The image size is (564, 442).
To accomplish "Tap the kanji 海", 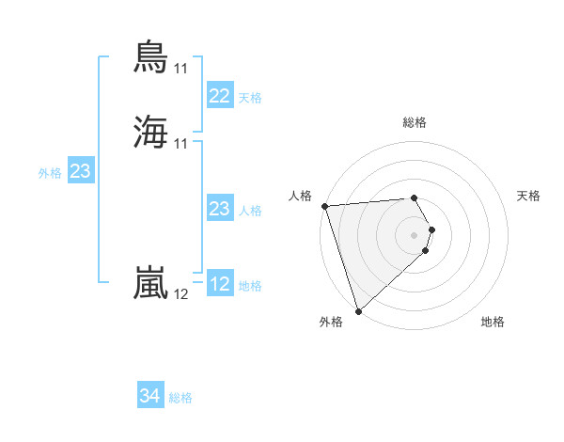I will point(152,132).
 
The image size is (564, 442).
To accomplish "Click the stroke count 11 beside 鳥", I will point(181,68).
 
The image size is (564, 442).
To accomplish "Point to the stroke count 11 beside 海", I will point(181,143).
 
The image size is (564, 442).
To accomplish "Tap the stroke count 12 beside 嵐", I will point(181,293).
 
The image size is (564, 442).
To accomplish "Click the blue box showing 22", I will point(220,96).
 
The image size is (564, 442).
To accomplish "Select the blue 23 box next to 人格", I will point(220,209).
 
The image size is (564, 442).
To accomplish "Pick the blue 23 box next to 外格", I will point(81,171).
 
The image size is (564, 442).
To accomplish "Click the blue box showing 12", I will point(220,284).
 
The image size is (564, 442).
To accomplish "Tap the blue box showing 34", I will point(150,396).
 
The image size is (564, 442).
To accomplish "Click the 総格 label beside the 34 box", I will point(180,398).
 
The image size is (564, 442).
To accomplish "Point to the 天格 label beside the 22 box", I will point(250,98).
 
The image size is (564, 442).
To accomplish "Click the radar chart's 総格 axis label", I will point(415,122).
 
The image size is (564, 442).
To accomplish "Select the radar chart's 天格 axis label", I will point(529,196).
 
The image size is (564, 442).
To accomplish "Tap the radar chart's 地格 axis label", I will point(493,322).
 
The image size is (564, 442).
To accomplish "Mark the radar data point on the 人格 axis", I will point(324,206).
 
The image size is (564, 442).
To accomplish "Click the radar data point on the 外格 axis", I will point(358,310).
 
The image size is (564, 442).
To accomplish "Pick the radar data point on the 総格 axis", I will point(415,197).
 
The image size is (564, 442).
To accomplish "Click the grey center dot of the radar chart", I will point(415,234).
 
